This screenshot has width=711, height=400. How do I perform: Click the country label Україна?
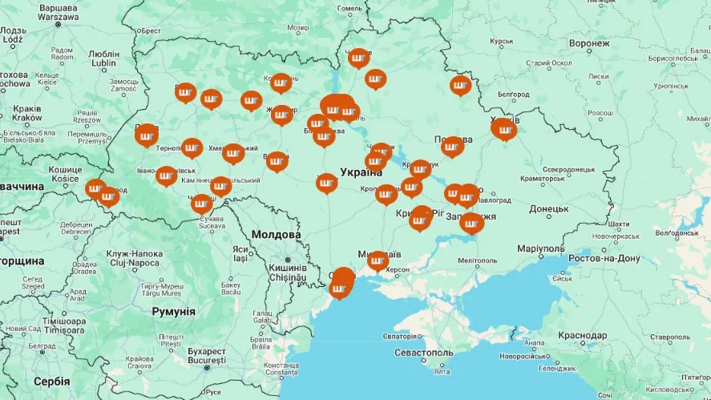pyautogui.click(x=361, y=172)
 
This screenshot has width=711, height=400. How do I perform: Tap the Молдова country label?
pyautogui.click(x=275, y=234)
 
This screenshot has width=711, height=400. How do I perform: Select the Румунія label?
pyautogui.click(x=173, y=311)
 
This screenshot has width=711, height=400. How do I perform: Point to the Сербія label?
pyautogui.click(x=51, y=382)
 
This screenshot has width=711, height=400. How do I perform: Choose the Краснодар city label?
pyautogui.click(x=582, y=335)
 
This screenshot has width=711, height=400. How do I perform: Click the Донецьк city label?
pyautogui.click(x=548, y=209)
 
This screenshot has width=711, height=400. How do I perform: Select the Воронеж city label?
pyautogui.click(x=589, y=43)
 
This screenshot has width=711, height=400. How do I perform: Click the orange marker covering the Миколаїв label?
pyautogui.click(x=378, y=260)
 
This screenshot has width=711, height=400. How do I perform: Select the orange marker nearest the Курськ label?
pyautogui.click(x=460, y=84)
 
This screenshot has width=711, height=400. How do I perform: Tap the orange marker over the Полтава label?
pyautogui.click(x=453, y=146)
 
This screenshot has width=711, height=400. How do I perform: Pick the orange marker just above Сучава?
pyautogui.click(x=202, y=204)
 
